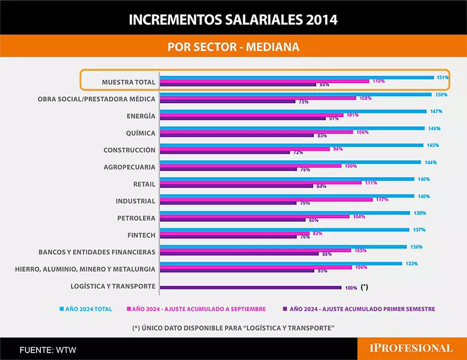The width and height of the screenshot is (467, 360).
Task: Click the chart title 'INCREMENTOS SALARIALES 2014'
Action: click(x=233, y=20)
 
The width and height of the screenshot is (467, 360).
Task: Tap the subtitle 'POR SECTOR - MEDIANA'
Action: click(x=233, y=47)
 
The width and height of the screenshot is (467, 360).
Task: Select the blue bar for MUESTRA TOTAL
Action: click(x=297, y=78)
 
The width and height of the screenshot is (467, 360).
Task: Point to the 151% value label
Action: click(x=443, y=78)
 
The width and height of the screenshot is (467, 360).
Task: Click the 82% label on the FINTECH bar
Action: click(x=317, y=233)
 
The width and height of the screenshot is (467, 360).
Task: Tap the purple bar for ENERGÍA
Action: click(x=243, y=118)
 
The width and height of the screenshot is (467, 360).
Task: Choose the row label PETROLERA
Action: click(x=136, y=218)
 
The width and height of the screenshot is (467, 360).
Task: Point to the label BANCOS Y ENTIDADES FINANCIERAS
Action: click(x=97, y=252)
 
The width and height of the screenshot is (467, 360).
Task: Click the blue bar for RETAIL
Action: click(x=287, y=179)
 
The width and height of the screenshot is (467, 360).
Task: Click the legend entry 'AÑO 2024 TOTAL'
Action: click(x=89, y=309)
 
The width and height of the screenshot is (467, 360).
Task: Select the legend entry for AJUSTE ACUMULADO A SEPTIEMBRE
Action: click(x=199, y=309)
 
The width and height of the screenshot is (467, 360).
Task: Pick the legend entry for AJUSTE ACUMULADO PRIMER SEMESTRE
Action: click(x=362, y=309)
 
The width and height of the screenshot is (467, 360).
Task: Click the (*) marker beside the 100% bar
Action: click(x=364, y=287)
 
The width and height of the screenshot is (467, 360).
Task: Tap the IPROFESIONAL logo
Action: click(x=411, y=348)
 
